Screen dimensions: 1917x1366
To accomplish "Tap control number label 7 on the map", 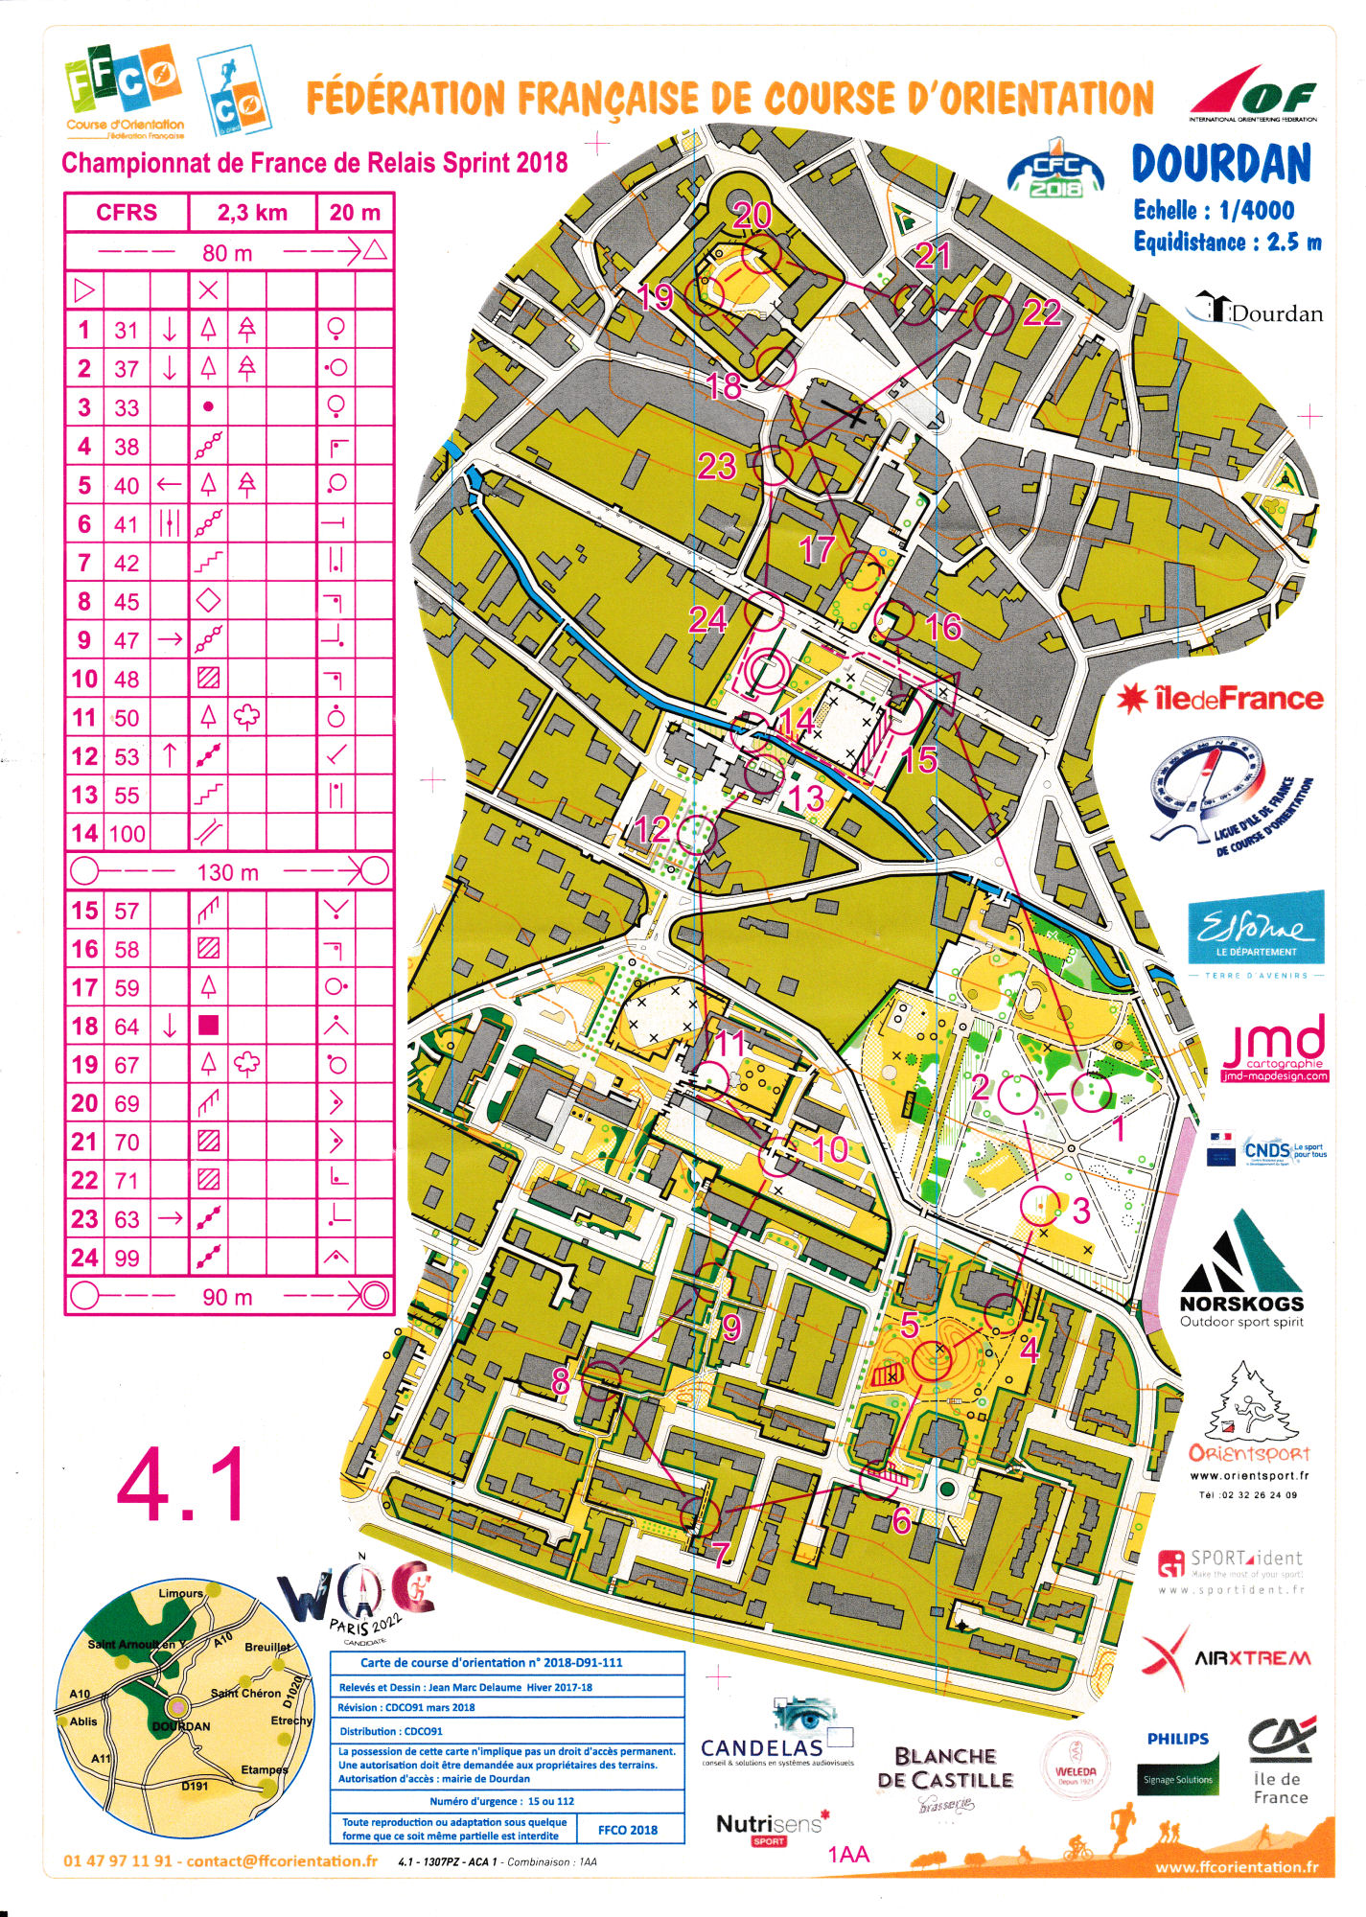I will click(720, 1554).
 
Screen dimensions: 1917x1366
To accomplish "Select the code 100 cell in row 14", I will click(127, 833).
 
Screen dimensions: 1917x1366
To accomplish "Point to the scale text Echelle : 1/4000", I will click(1214, 210).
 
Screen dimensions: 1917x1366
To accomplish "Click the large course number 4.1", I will click(182, 1487).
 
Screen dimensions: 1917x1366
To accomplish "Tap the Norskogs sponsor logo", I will click(1241, 1275).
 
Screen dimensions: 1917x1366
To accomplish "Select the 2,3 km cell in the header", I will click(252, 212).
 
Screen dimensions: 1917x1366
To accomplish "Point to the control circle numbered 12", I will click(697, 836).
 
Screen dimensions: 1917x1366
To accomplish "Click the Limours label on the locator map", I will click(180, 1593).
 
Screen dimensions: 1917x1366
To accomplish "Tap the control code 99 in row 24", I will click(127, 1258).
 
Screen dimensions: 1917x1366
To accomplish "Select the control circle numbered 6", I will click(878, 1480).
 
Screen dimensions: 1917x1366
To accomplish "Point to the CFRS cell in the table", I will click(127, 212).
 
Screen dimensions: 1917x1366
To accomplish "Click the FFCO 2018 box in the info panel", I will click(628, 1829).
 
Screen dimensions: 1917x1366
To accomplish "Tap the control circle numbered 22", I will click(993, 314).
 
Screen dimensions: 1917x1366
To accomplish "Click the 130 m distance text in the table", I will click(228, 872).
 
